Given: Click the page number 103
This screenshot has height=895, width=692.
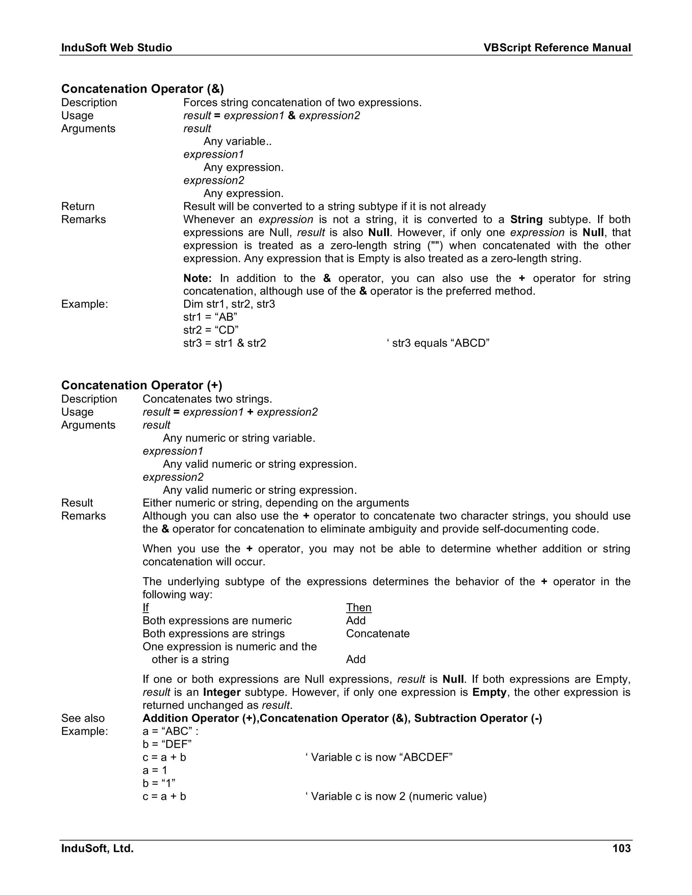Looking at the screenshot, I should click(621, 848).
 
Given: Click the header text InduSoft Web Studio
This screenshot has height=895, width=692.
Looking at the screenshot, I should click(117, 48).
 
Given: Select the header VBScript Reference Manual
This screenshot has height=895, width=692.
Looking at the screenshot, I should click(557, 48).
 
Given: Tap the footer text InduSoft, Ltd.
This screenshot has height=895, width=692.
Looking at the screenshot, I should click(97, 848).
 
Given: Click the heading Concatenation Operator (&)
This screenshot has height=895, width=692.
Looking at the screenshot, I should click(142, 89).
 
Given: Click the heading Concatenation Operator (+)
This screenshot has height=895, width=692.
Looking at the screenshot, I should click(142, 385).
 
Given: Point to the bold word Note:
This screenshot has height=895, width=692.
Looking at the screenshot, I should click(197, 278).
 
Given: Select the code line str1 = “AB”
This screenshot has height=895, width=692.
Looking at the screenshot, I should click(210, 317).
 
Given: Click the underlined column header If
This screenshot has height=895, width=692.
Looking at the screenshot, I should click(146, 607).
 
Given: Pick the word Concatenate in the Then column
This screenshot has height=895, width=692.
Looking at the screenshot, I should click(377, 634).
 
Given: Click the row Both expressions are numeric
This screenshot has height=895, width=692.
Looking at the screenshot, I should click(217, 620).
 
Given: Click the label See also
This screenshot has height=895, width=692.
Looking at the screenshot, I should click(83, 718).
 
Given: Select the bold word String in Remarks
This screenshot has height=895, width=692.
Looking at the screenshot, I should click(526, 219).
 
